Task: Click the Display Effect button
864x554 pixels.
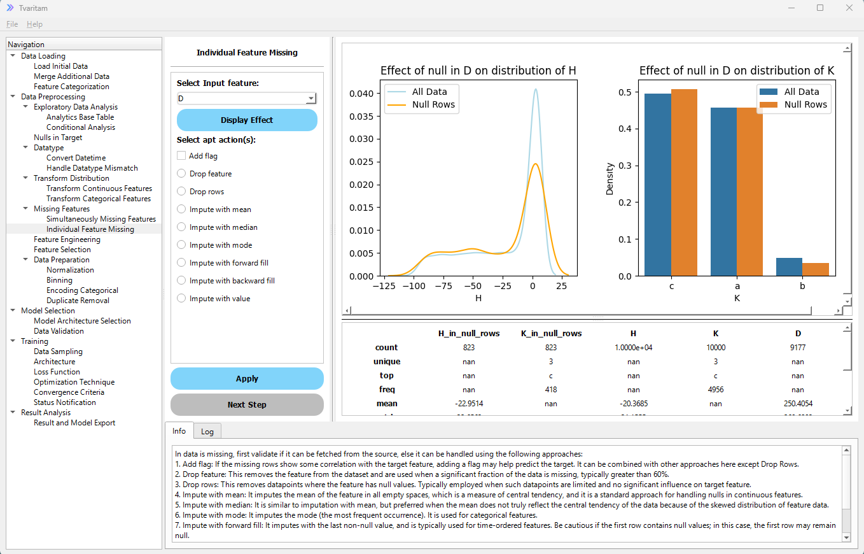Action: coord(247,120)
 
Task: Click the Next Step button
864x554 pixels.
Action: coord(247,404)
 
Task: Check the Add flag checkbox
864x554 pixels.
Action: coord(182,155)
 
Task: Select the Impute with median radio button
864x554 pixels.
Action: coord(182,227)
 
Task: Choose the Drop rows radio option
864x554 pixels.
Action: coord(182,191)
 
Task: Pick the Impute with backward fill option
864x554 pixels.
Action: coord(182,280)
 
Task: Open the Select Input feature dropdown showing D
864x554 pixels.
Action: coord(246,99)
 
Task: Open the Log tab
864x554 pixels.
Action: coord(207,431)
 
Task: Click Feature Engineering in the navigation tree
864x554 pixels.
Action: coord(67,239)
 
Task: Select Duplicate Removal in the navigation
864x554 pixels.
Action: coord(78,301)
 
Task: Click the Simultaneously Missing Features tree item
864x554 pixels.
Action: coord(101,219)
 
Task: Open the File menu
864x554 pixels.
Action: coord(12,24)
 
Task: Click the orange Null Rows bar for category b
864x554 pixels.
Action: coord(816,269)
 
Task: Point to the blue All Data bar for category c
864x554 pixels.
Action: coord(657,185)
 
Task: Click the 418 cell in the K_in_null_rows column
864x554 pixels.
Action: coord(551,389)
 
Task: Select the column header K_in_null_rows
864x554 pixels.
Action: coord(551,333)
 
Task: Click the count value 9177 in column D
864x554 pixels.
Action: coord(798,348)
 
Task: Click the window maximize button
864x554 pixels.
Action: coord(820,8)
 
